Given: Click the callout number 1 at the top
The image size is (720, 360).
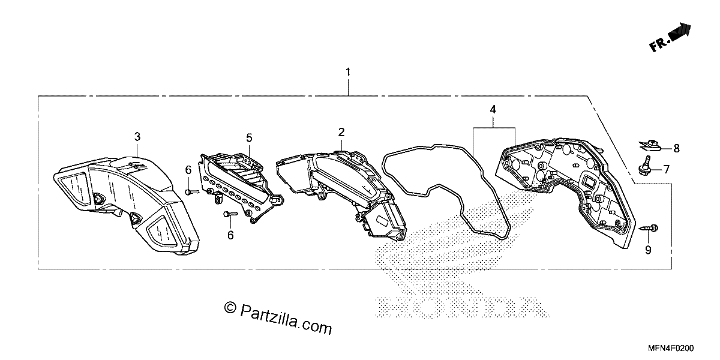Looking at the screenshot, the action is click(x=348, y=72).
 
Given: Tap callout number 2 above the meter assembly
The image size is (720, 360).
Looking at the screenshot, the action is click(x=341, y=132).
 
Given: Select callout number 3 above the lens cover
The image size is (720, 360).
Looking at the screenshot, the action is click(x=137, y=137).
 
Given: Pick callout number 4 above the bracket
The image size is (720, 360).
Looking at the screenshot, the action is click(x=493, y=110).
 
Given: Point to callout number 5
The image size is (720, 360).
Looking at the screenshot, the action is click(x=250, y=138).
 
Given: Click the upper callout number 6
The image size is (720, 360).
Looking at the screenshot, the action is click(x=188, y=170).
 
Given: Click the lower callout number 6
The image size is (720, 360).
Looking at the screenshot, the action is click(x=230, y=235).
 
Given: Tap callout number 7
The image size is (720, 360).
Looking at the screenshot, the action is click(x=667, y=169).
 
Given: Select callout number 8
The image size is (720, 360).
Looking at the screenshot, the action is click(x=677, y=149).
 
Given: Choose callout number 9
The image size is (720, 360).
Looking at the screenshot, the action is click(x=649, y=250).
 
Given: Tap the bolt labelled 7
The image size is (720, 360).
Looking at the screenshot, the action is click(x=645, y=166).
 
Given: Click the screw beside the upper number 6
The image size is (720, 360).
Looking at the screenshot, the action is click(x=192, y=192).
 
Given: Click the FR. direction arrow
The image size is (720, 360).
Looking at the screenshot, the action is click(x=670, y=38).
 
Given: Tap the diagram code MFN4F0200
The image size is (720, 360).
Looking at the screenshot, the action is click(x=671, y=349).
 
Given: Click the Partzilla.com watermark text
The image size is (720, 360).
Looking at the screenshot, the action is click(x=286, y=319).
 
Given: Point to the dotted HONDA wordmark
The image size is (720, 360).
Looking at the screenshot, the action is click(x=463, y=307).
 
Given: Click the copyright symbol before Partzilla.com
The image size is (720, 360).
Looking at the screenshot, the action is click(x=230, y=308).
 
